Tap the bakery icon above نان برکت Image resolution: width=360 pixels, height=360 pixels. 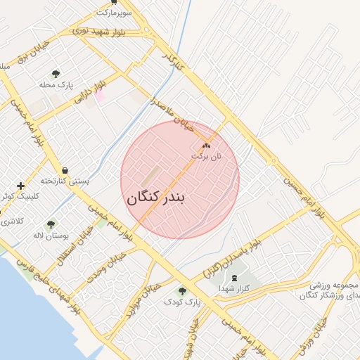coord(206,145)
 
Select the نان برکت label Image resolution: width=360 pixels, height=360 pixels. coord(206,156)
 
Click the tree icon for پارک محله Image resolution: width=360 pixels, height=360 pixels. coord(56,74)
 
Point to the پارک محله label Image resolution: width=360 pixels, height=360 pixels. coord(56,85)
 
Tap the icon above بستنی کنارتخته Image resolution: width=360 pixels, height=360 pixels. coord(65,170)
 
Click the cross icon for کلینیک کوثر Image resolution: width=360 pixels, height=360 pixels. coord(21,186)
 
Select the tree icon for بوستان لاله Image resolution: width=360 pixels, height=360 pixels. coord(51,225)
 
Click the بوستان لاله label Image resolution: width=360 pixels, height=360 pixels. coord(51,236)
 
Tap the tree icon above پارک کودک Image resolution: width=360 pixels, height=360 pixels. coord(183,290)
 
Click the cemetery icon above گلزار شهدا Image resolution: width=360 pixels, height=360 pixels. coord(234,278)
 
